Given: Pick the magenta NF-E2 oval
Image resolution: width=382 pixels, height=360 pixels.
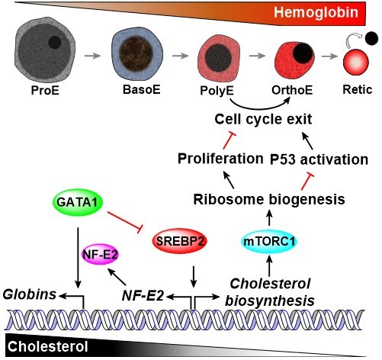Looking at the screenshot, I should click(x=98, y=254).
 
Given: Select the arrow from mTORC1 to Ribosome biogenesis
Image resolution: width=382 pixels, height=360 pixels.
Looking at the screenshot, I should click(x=268, y=215).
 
